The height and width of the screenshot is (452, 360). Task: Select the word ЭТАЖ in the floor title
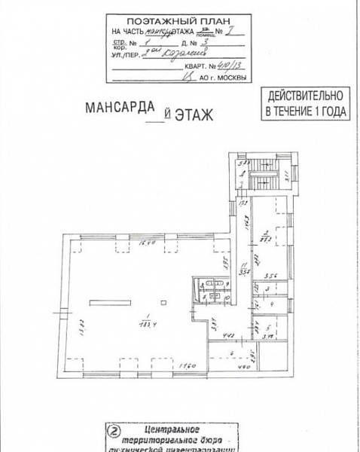point(195,115)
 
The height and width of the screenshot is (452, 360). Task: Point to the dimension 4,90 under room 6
point(245,367)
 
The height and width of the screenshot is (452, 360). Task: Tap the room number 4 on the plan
point(272,304)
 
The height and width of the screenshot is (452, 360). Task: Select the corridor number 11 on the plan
point(244,264)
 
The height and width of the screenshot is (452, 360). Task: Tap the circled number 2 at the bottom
point(113,432)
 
